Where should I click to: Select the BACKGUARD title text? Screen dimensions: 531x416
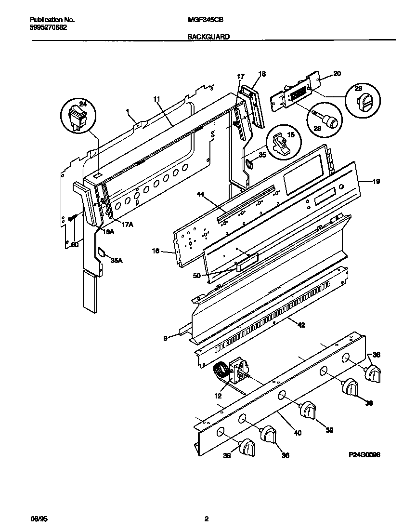(208, 37)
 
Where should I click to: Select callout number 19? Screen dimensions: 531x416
(376, 182)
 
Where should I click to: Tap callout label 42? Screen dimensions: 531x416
(301, 325)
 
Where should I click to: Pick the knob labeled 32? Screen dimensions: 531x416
(309, 411)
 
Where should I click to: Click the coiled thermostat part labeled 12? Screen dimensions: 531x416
(222, 373)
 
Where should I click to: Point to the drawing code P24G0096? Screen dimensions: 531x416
(364, 454)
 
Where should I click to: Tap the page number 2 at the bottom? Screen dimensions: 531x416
(207, 519)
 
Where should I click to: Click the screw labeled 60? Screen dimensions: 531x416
(71, 219)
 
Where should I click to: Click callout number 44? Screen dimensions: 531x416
(201, 194)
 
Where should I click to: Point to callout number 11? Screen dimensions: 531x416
(156, 99)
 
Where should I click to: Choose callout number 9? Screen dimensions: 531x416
(165, 339)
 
